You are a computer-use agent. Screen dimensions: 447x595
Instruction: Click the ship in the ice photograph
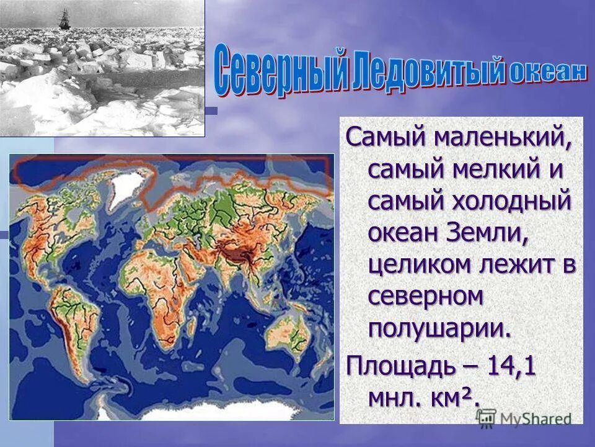[x=64, y=18]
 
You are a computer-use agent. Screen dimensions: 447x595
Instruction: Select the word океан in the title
[x=547, y=72]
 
